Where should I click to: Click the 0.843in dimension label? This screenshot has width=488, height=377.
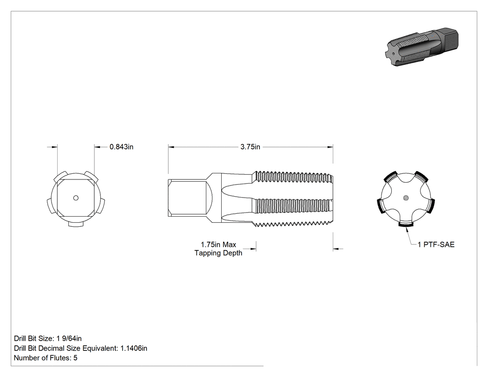[x=121, y=146]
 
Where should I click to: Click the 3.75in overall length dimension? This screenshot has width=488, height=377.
[x=250, y=147]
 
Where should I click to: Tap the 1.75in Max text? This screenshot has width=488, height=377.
[x=218, y=245]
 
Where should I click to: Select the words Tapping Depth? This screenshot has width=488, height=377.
[x=218, y=253]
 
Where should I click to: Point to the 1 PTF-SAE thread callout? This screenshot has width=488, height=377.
[x=436, y=245]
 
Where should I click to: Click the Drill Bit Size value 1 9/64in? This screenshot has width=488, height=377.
[x=69, y=338]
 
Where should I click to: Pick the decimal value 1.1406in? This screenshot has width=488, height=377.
[x=134, y=348]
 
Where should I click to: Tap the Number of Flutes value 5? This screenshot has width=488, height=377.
[x=75, y=358]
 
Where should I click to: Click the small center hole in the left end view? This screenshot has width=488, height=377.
[x=76, y=198]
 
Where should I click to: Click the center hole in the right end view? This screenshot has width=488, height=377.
[x=406, y=198]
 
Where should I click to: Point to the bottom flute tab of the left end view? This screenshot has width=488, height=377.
[x=76, y=225]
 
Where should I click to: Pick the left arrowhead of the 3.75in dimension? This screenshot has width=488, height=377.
[x=171, y=147]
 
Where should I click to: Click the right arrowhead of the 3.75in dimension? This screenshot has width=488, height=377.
[x=330, y=147]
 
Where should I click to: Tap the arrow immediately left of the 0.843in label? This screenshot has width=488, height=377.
[x=98, y=147]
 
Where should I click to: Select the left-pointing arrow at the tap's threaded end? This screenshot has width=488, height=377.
[x=336, y=249]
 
